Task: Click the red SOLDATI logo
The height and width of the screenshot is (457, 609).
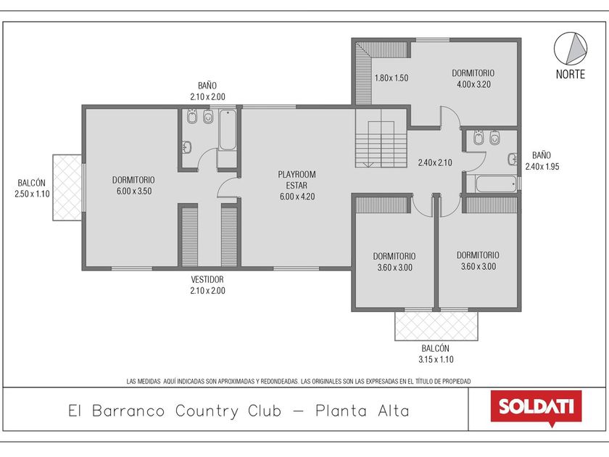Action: [536, 408]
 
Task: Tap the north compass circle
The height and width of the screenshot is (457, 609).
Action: [570, 49]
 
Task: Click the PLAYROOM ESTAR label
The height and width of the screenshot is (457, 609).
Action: [297, 180]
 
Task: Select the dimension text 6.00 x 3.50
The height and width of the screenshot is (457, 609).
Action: [134, 192]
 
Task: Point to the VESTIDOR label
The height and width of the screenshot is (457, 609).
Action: [207, 279]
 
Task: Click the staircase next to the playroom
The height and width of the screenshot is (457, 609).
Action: [381, 138]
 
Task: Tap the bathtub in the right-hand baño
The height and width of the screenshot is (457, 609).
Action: [496, 184]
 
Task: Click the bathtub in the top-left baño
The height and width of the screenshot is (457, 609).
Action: [228, 130]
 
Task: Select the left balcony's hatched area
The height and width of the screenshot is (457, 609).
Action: [67, 188]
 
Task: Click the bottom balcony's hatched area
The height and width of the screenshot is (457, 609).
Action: [436, 326]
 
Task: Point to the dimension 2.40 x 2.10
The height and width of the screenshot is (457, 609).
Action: [435, 162]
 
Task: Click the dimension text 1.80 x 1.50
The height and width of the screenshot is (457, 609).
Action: [391, 78]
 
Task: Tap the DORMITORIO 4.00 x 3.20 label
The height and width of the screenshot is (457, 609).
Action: [473, 78]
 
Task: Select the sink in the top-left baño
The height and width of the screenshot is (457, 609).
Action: [187, 147]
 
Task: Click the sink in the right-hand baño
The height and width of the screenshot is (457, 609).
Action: [513, 159]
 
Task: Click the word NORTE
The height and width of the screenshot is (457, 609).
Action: [570, 74]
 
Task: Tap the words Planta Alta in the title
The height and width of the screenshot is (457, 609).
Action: [362, 411]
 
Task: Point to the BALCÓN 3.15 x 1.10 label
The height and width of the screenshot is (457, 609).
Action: [436, 354]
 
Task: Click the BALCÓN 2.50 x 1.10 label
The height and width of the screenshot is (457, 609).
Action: [32, 189]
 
